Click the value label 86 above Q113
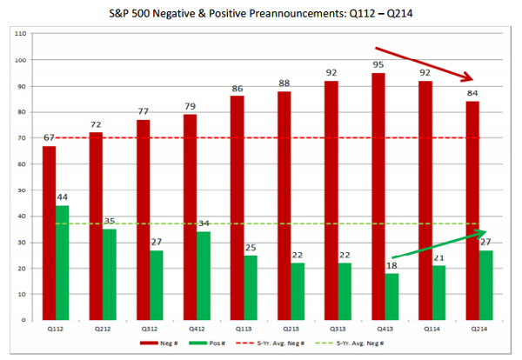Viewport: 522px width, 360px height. coord(237,89)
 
